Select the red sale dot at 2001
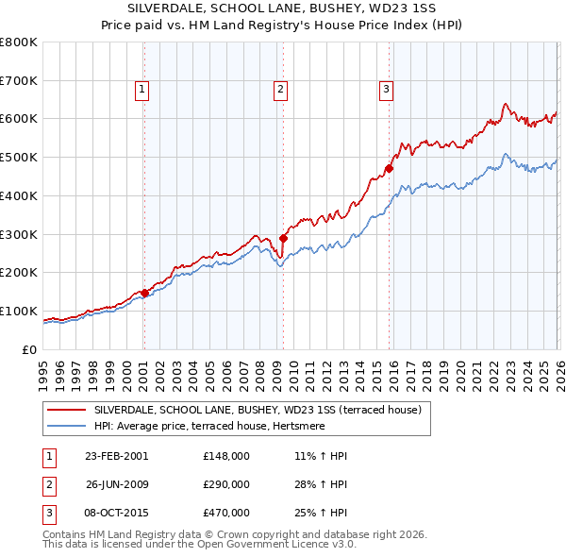tap(144, 293)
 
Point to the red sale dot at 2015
tap(389, 169)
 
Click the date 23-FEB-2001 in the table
tap(117, 456)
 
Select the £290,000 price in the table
tap(226, 484)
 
